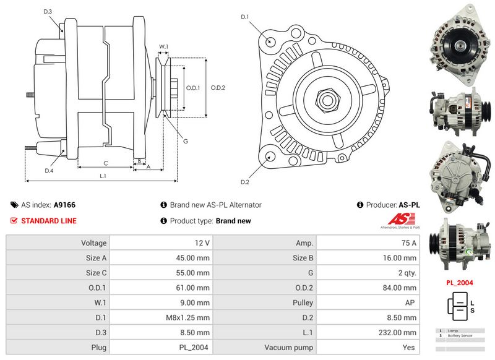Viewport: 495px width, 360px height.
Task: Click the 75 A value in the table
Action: pos(408,243)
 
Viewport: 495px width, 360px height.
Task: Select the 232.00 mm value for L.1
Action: pos(400,333)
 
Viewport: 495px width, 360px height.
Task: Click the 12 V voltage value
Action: pos(202,243)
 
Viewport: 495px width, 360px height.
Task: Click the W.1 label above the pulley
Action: pos(164,47)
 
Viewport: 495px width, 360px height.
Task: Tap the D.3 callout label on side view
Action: pos(48,12)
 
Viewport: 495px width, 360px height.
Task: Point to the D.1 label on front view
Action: pos(244,17)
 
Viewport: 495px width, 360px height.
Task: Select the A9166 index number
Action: pos(64,205)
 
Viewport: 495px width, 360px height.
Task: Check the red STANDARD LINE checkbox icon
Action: pos(14,221)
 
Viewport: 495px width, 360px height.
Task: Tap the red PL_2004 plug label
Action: pos(460,283)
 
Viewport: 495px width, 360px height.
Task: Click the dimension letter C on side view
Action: pos(105,163)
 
